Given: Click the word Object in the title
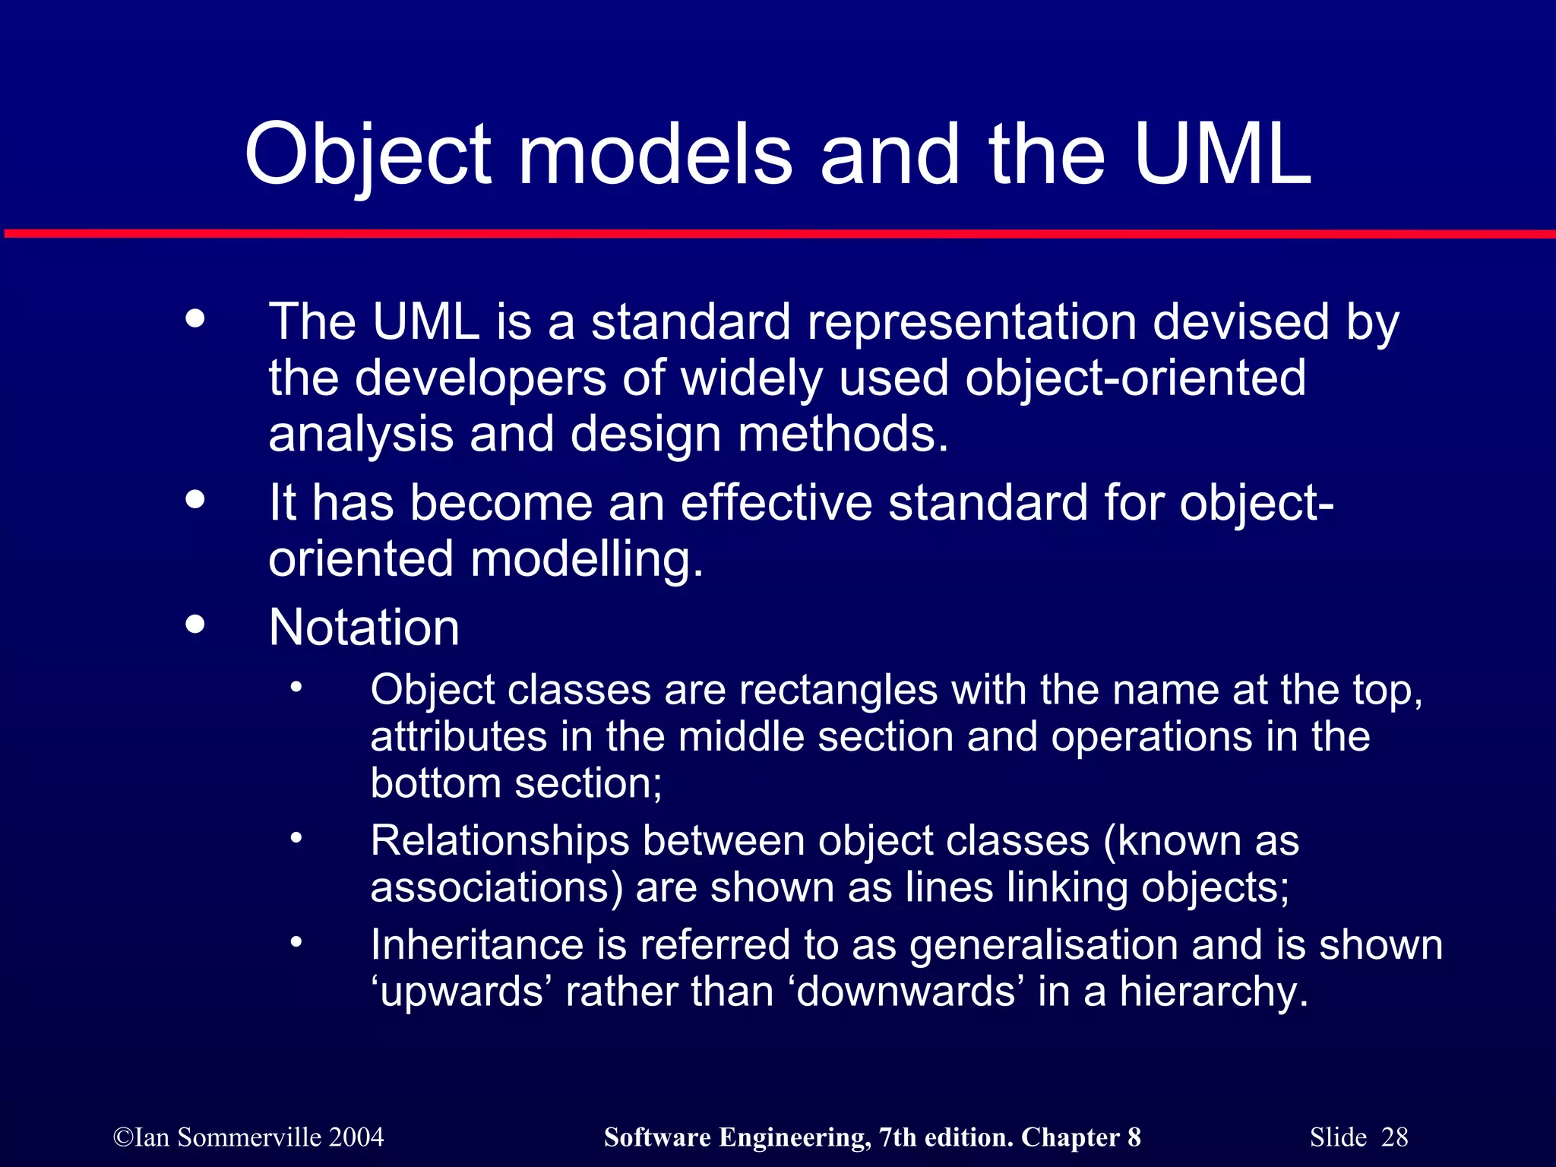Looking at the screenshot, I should click(368, 156).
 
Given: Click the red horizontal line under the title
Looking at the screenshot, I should click(778, 234).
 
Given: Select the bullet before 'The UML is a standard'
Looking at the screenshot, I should click(195, 318).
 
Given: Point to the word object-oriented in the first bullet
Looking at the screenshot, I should click(1135, 378).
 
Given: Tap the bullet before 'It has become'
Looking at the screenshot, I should click(195, 499).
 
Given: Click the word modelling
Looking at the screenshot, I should click(586, 559).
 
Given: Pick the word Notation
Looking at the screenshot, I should click(364, 628).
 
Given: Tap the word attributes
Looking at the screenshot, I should click(458, 738).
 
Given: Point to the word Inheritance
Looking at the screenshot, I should click(477, 945).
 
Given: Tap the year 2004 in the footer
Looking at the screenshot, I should click(356, 1137).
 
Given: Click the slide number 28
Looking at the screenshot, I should click(1394, 1137).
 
